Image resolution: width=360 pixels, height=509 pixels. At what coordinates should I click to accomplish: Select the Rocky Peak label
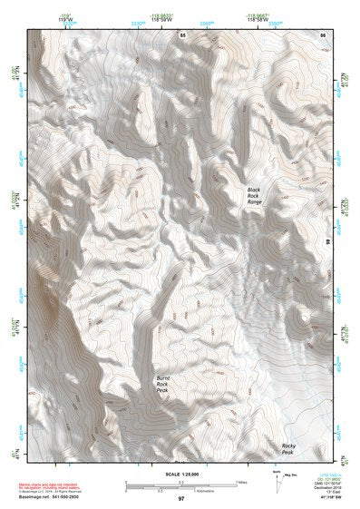289,448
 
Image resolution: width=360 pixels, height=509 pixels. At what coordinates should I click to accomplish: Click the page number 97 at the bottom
181,499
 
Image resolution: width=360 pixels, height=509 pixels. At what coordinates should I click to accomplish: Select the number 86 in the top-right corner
322,34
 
